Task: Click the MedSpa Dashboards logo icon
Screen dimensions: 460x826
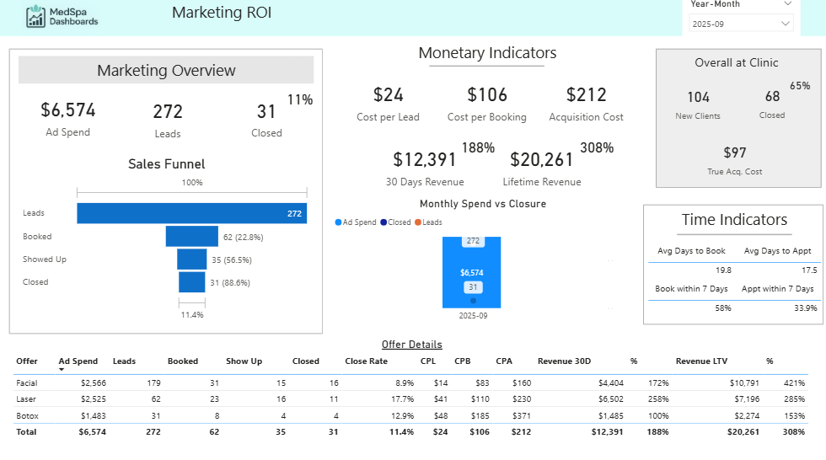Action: tap(36, 15)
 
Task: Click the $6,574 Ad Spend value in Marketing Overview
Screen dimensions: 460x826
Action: tap(68, 110)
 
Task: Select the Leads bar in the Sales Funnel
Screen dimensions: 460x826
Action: tap(191, 213)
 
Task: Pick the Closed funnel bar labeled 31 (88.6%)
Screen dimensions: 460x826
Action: tap(191, 282)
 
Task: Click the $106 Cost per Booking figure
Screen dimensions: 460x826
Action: tap(487, 94)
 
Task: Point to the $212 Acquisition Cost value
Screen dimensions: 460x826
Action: tap(586, 94)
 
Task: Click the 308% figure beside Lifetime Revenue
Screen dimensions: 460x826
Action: tap(597, 148)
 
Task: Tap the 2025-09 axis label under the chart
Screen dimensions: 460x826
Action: tap(473, 316)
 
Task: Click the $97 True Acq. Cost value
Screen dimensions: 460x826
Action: tap(735, 152)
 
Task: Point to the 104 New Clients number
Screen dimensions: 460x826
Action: tap(698, 98)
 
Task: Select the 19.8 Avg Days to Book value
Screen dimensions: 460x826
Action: tap(722, 270)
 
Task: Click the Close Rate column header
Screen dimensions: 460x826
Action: tap(366, 361)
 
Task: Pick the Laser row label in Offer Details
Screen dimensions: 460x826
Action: tap(27, 398)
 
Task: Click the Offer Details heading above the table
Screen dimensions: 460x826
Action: tap(411, 345)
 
